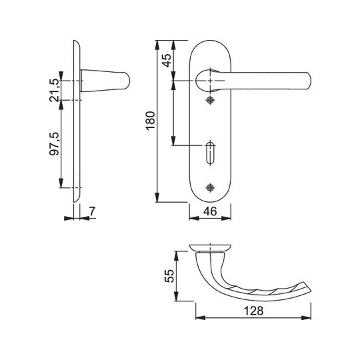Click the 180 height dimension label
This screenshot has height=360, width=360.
151,121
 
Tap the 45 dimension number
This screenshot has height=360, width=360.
167,60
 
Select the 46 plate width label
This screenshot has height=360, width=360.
210,211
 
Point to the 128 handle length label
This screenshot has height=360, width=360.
253,311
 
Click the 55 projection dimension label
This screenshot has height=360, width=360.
169,276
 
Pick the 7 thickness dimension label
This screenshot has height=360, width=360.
92,211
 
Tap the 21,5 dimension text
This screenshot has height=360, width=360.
55,90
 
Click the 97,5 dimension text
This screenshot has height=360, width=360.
55,144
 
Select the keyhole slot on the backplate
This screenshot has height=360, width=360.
210,153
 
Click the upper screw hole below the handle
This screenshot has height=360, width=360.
210,100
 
